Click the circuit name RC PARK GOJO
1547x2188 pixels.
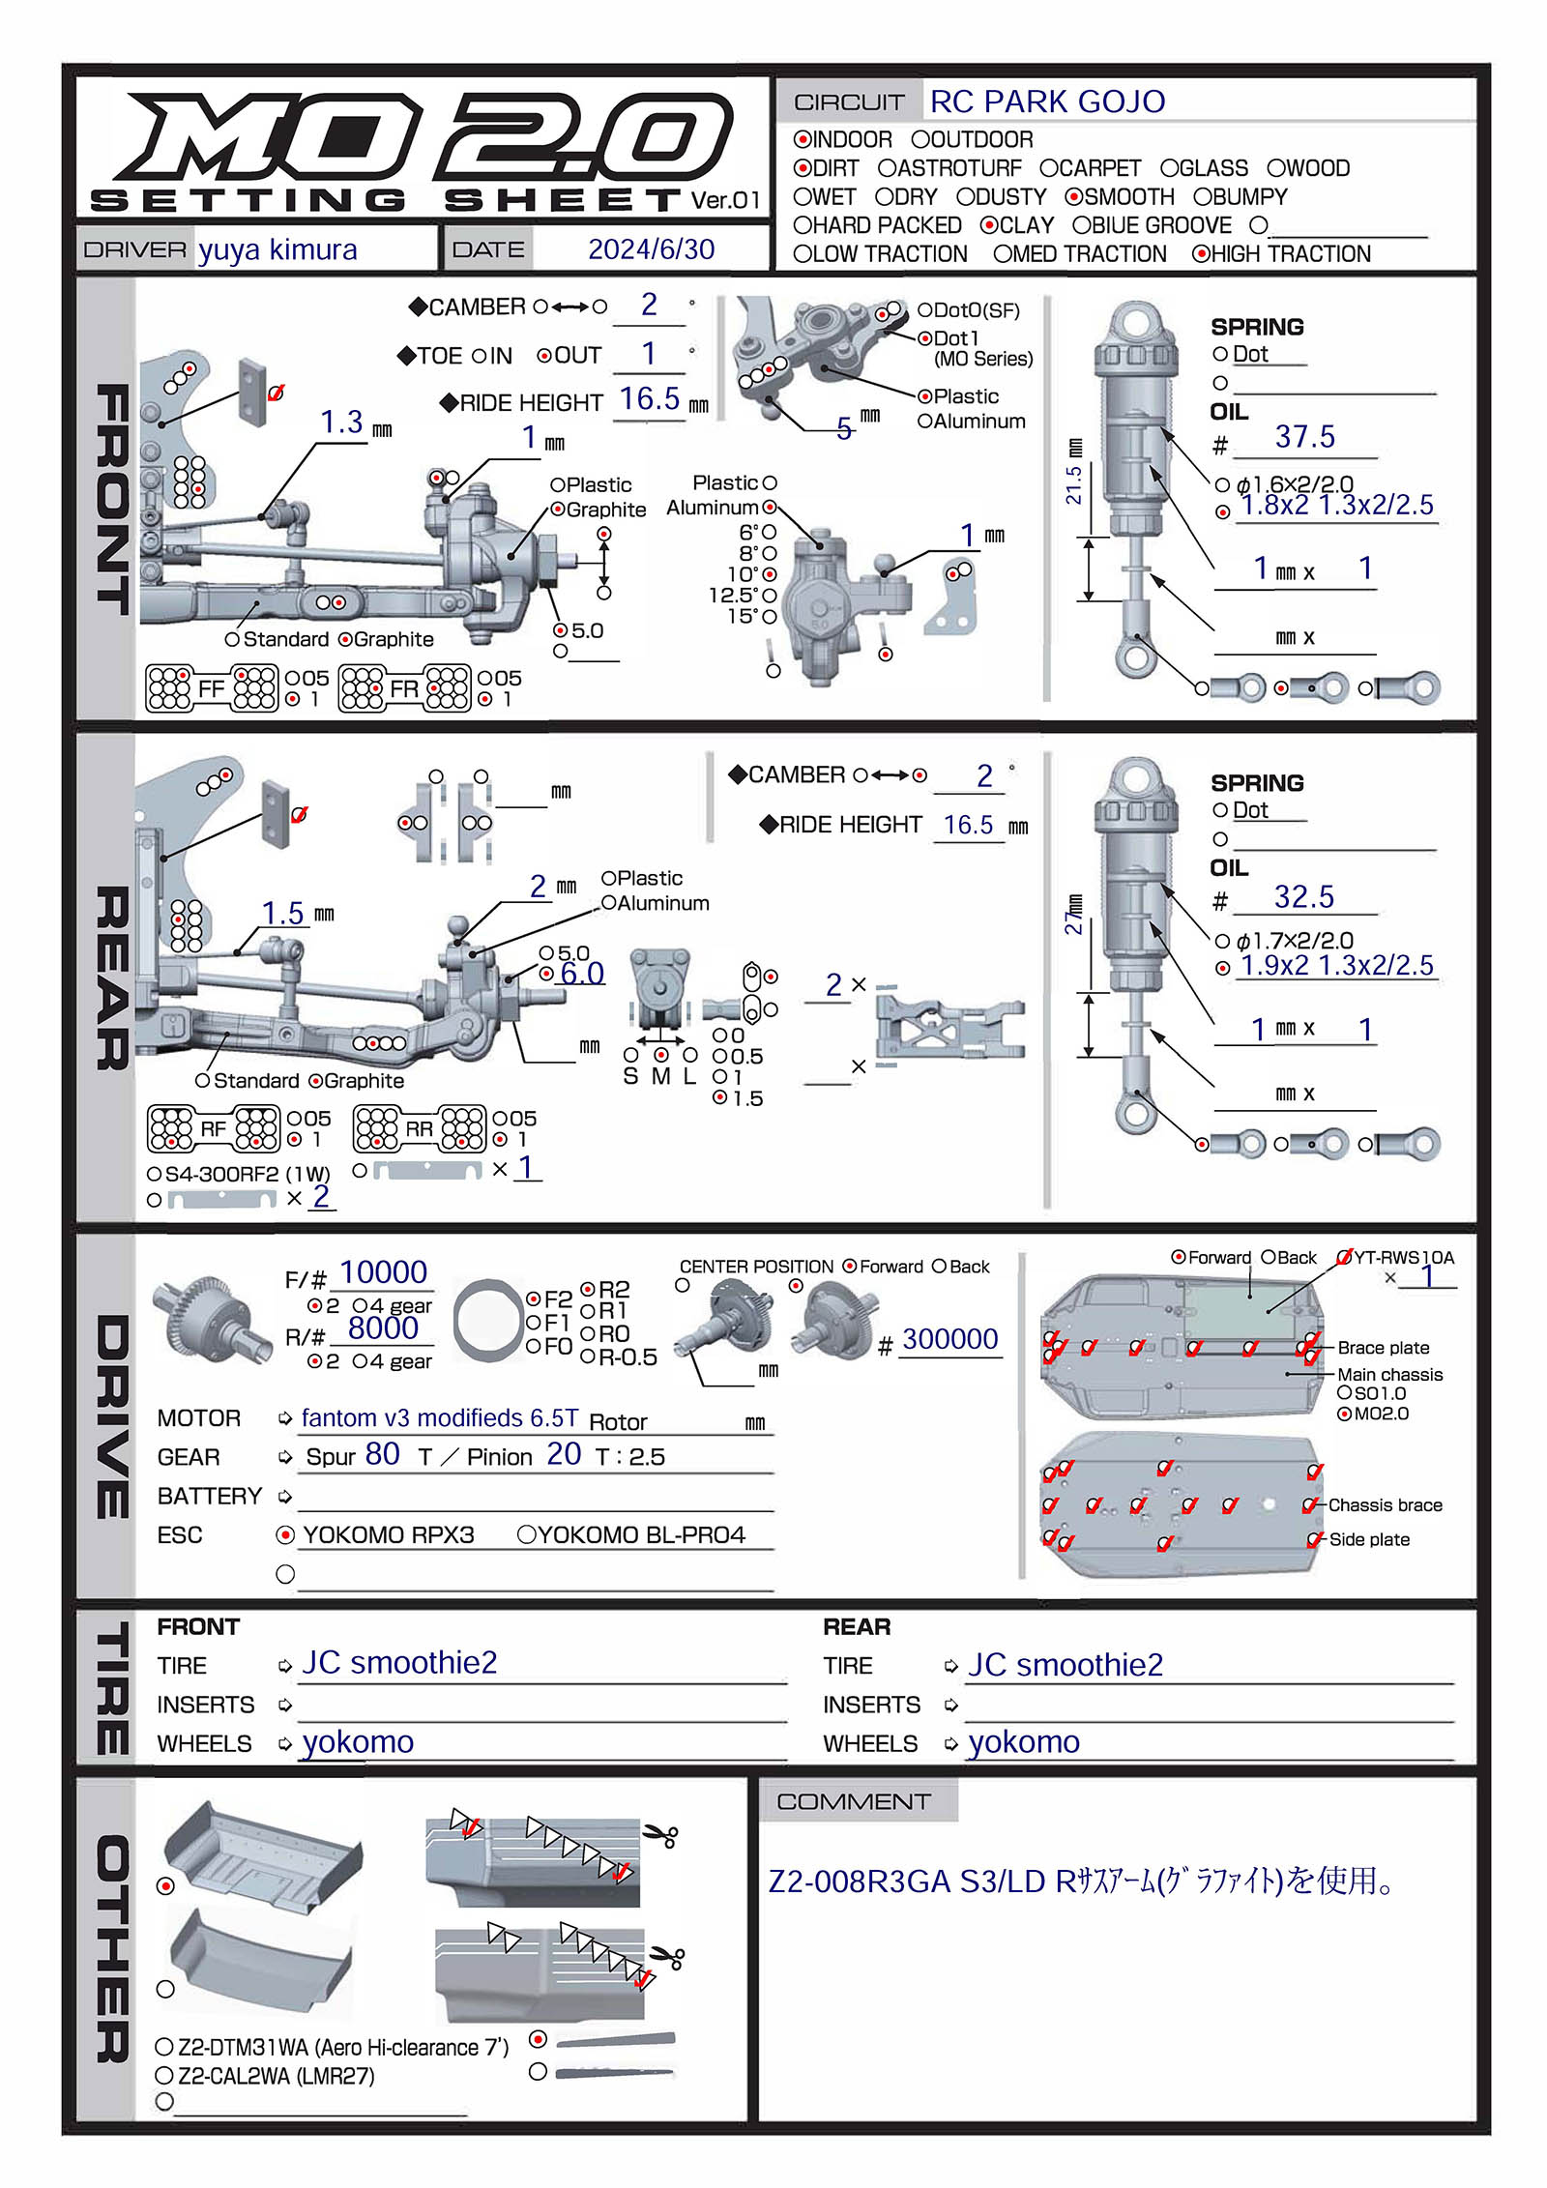pyautogui.click(x=1047, y=102)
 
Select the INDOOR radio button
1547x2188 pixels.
pyautogui.click(x=803, y=140)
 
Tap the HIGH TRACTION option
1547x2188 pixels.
pyautogui.click(x=1202, y=254)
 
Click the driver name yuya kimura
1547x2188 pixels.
pyautogui.click(x=277, y=249)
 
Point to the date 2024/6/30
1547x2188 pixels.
pyautogui.click(x=651, y=249)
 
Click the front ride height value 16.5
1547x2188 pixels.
pyautogui.click(x=649, y=399)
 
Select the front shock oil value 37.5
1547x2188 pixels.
pyautogui.click(x=1304, y=437)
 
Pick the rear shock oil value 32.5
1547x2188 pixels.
pyautogui.click(x=1303, y=897)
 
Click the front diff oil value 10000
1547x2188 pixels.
pyautogui.click(x=383, y=1272)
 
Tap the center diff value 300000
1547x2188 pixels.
pyautogui.click(x=949, y=1339)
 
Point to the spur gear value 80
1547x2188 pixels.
pyautogui.click(x=382, y=1454)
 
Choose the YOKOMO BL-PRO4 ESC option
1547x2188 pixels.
pyautogui.click(x=527, y=1534)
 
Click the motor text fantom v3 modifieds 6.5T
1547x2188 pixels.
pyautogui.click(x=440, y=1418)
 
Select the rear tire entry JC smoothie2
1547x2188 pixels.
pyautogui.click(x=1065, y=1665)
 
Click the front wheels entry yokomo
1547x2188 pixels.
pyautogui.click(x=358, y=1741)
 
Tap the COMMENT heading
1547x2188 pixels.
pyautogui.click(x=853, y=1802)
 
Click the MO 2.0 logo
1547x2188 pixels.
pyautogui.click(x=425, y=135)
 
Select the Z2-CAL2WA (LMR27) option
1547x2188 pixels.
pyautogui.click(x=164, y=2076)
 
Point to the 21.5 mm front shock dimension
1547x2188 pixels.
pyautogui.click(x=1074, y=484)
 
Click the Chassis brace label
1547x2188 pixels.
pyautogui.click(x=1385, y=1505)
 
